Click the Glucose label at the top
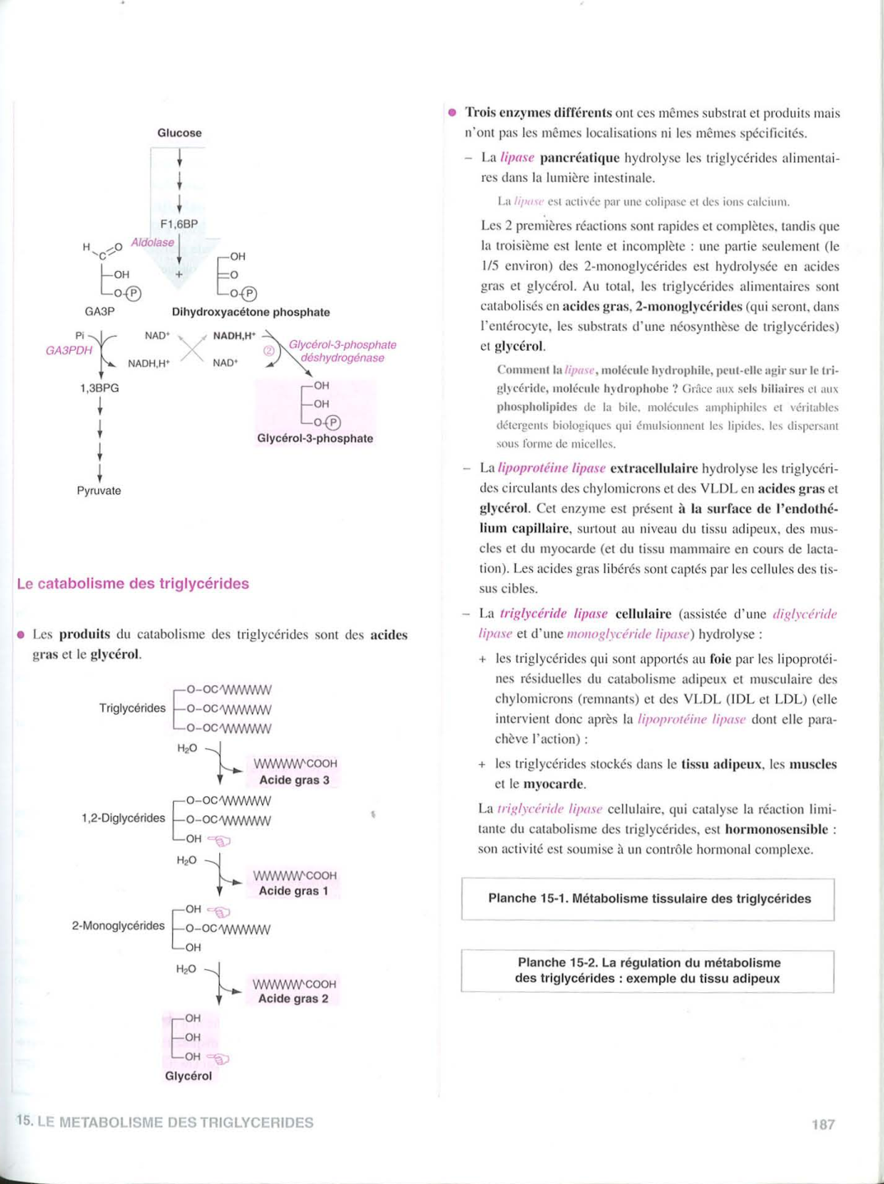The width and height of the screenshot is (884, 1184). (179, 133)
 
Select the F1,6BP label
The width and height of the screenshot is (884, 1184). (179, 224)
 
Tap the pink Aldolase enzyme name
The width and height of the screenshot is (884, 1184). (152, 242)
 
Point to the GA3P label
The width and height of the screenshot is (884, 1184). (100, 312)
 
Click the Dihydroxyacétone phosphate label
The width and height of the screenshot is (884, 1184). (250, 312)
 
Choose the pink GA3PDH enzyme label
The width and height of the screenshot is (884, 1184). (68, 350)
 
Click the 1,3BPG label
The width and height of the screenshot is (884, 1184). (99, 388)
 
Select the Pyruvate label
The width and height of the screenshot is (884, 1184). (99, 491)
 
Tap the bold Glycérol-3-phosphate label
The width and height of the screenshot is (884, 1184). (315, 439)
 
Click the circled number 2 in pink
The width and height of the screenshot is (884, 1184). (269, 351)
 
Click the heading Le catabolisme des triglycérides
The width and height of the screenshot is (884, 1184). (133, 584)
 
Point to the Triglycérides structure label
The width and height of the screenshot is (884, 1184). (132, 708)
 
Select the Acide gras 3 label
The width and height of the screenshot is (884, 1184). (294, 780)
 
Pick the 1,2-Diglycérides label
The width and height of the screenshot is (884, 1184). (123, 818)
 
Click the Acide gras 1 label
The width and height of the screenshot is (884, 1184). (293, 891)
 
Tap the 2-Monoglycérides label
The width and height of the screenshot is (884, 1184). (118, 926)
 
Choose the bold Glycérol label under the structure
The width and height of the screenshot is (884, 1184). (188, 1076)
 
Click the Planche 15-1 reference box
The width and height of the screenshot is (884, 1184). (648, 899)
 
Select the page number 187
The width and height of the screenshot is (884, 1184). (823, 1125)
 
